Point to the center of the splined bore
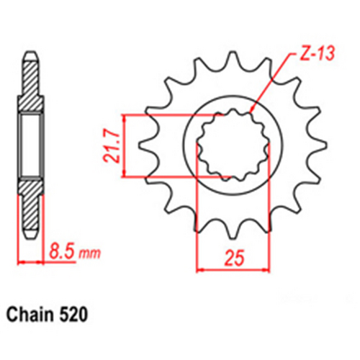pyautogui.click(x=230, y=144)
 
